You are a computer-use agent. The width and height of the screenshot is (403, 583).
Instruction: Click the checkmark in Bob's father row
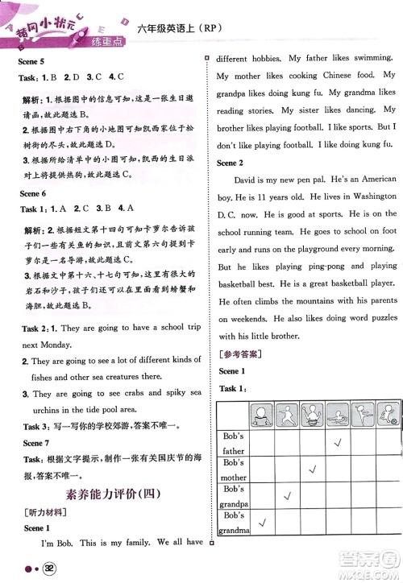pos(339,444)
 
